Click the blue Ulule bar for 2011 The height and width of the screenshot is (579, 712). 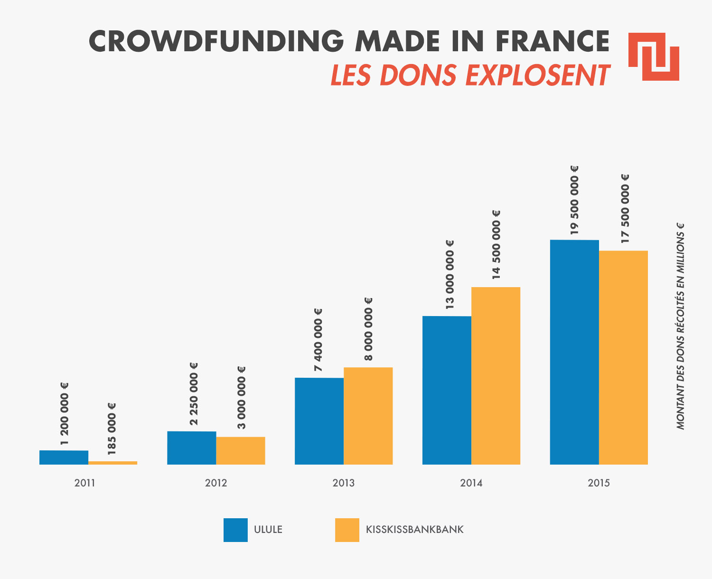64,458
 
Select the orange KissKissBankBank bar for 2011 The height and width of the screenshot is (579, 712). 113,463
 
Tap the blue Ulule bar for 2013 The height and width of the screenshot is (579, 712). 319,421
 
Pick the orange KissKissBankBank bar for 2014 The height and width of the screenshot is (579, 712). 496,376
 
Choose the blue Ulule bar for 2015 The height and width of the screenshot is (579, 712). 574,352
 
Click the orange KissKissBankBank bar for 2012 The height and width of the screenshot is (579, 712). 241,451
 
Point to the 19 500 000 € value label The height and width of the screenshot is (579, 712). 574,200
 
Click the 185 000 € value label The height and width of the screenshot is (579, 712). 112,429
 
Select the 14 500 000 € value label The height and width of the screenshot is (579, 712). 496,244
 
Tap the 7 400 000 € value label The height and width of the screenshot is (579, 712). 318,340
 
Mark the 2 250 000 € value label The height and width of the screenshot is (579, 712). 194,393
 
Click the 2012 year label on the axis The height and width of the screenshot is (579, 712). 216,483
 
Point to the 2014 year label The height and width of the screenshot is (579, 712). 471,483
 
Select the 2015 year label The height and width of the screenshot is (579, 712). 599,483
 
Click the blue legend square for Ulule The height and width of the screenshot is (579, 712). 235,530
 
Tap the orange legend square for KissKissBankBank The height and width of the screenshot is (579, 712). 347,530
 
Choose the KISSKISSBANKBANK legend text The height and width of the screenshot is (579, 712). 415,530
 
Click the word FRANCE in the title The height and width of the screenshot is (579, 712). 553,41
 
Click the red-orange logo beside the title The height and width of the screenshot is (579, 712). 654,57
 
